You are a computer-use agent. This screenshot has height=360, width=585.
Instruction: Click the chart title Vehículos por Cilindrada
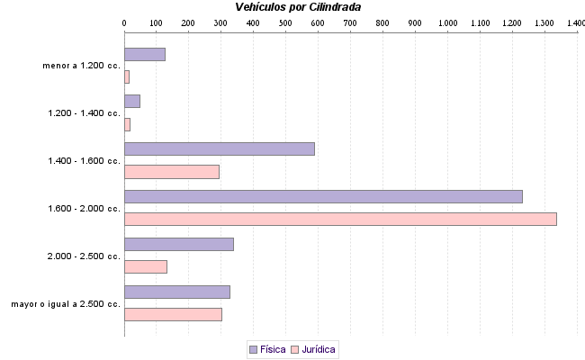coord(298,7)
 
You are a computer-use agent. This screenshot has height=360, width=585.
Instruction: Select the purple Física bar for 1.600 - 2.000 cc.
coord(323,196)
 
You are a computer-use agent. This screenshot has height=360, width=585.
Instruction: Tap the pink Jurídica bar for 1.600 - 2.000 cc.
coord(340,219)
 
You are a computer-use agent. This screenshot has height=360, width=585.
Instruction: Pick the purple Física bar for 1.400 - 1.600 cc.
coord(219,148)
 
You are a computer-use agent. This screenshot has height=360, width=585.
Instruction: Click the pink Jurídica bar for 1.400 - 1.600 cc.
coord(171,172)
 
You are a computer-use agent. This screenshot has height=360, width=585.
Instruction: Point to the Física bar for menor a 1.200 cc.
coord(144,54)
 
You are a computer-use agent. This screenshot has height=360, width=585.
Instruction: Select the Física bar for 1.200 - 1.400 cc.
coord(131,101)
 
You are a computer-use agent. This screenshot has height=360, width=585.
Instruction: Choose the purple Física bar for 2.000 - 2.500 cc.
coord(178,244)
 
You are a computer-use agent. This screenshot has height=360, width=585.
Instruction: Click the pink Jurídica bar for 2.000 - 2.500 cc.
coord(145,266)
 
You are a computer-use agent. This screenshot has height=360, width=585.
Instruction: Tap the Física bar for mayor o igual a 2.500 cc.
coord(176,292)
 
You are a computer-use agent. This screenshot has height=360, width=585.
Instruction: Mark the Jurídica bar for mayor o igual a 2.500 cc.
coord(173,314)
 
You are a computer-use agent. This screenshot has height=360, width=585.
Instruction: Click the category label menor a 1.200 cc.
coord(81,66)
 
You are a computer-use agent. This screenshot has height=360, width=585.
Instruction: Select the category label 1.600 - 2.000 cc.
coord(85,208)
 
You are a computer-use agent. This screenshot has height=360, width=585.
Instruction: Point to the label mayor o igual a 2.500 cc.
coord(66,304)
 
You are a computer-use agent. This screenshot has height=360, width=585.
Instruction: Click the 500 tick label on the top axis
coord(285,22)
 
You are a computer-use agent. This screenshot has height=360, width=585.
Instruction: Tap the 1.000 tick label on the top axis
coord(447,22)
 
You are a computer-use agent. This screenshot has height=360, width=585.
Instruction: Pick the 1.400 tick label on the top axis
coord(574,22)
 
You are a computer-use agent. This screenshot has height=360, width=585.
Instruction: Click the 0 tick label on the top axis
coord(124,22)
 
